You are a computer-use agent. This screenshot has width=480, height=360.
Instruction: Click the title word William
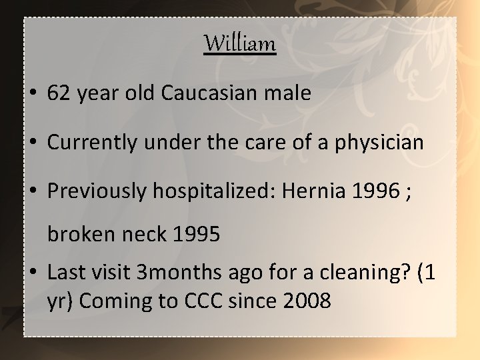[240, 44]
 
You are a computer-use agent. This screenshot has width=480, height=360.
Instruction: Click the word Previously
[95, 191]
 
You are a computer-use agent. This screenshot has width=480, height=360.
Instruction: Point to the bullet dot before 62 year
[34, 95]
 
